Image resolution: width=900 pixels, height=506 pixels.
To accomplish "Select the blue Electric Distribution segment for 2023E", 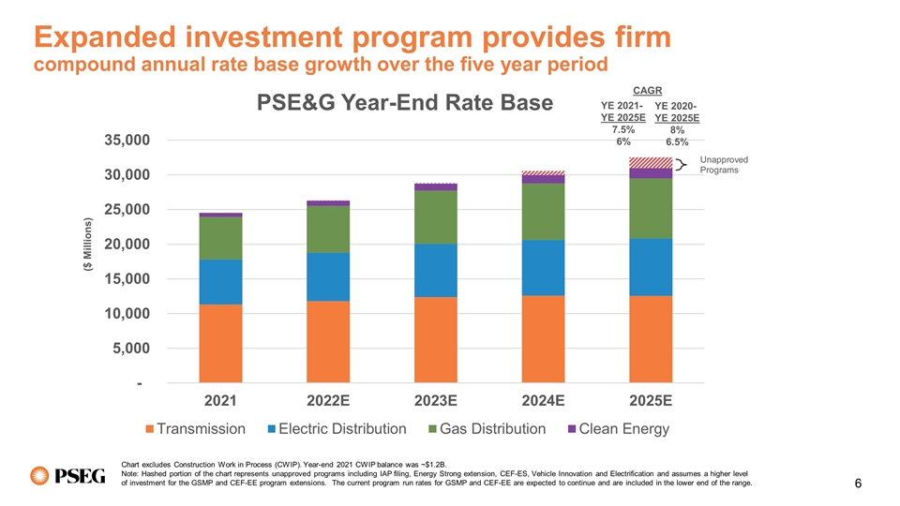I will pyautogui.click(x=436, y=270).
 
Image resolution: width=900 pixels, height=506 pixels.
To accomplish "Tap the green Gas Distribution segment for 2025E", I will pyautogui.click(x=651, y=208).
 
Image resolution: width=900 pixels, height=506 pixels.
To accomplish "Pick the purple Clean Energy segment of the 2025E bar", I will pyautogui.click(x=651, y=172).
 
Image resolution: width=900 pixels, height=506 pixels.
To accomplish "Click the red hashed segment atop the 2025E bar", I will pyautogui.click(x=651, y=162).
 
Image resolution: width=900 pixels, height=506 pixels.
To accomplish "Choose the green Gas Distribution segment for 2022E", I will pyautogui.click(x=328, y=229).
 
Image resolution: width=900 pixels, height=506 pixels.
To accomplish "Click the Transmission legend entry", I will pyautogui.click(x=195, y=429).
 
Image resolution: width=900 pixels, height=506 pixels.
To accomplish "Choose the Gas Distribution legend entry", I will pyautogui.click(x=484, y=429).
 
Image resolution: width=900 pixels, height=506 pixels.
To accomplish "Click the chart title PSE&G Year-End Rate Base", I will pyautogui.click(x=406, y=102).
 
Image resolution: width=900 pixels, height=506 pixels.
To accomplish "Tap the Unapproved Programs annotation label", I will pyautogui.click(x=723, y=165).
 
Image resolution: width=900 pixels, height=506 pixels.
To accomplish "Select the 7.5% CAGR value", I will pyautogui.click(x=623, y=129).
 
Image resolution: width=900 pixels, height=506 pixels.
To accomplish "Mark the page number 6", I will pyautogui.click(x=859, y=485).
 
